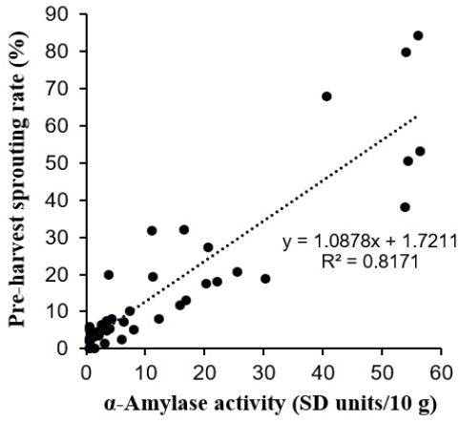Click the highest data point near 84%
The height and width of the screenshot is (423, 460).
click(418, 35)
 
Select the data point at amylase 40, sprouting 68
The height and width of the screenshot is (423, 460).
click(326, 96)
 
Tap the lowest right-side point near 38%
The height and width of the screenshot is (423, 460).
click(405, 207)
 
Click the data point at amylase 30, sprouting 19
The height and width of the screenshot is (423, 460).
click(265, 279)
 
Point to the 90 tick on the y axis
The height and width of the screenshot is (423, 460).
click(83, 14)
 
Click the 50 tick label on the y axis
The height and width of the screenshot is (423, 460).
click(57, 163)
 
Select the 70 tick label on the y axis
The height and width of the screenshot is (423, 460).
click(57, 89)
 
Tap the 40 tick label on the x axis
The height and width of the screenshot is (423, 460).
click(323, 372)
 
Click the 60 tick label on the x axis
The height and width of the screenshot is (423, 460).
click(441, 372)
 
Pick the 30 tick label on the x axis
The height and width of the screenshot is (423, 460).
click(263, 372)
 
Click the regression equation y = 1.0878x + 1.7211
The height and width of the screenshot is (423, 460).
click(369, 242)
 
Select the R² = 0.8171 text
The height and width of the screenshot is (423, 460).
click(369, 262)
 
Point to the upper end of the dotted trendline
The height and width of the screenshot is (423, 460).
click(415, 116)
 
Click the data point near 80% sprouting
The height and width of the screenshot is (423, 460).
click(406, 53)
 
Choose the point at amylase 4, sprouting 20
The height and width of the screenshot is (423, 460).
click(109, 275)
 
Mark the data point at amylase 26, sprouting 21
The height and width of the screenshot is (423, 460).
click(238, 272)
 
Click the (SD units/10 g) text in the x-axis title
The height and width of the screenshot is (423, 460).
click(365, 405)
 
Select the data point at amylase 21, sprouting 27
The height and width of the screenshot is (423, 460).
click(208, 247)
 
